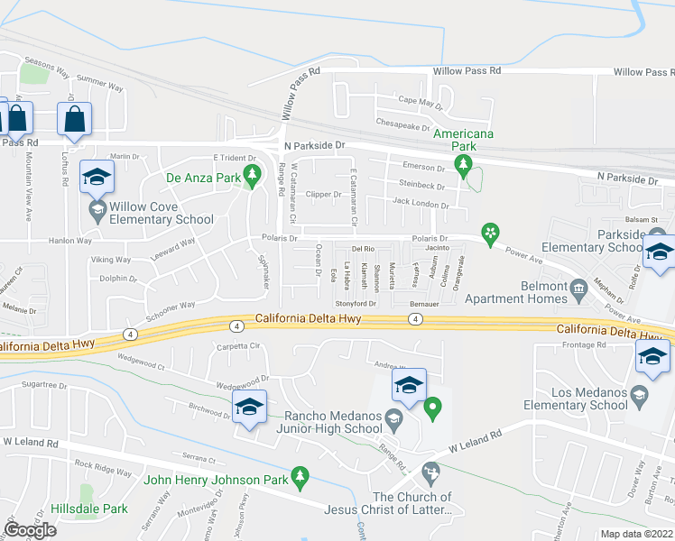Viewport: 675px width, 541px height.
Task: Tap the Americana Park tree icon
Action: click(464, 164)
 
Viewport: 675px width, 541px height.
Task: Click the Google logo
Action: click(30, 530)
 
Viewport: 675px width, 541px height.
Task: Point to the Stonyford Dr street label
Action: click(356, 304)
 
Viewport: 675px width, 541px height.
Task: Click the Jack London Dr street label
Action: click(421, 205)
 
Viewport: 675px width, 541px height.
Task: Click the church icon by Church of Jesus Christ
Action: click(430, 471)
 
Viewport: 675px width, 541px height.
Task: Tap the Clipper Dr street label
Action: click(324, 194)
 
